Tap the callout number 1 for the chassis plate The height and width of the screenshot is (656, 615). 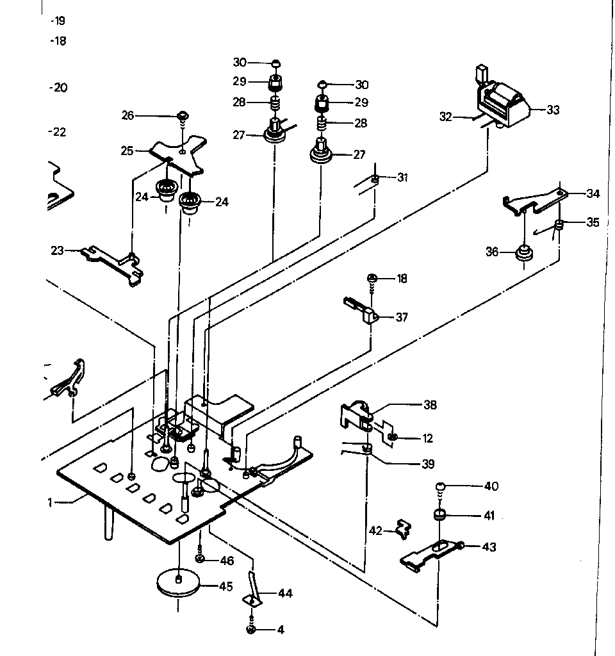tap(49, 503)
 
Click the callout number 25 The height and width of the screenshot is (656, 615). tap(127, 151)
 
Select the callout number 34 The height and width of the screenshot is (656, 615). tap(593, 193)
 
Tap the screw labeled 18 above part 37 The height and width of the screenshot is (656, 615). tap(372, 279)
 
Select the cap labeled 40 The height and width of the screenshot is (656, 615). tap(441, 486)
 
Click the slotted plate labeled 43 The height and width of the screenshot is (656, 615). tap(432, 552)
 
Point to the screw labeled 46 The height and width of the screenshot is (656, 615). tap(201, 559)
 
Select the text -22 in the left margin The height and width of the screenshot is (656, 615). tap(58, 133)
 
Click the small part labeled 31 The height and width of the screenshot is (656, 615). tap(375, 179)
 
